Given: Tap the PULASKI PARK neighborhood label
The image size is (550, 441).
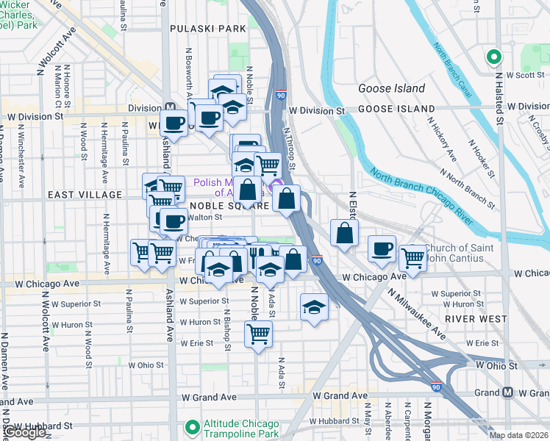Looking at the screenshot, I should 207,29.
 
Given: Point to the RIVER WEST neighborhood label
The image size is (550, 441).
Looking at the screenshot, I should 476,319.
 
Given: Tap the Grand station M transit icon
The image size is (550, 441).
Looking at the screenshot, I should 508,392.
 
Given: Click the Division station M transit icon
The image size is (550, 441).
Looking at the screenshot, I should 170,107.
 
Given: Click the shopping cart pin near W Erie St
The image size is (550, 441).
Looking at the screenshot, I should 258,334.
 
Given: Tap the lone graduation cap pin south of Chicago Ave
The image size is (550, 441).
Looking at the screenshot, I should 314,306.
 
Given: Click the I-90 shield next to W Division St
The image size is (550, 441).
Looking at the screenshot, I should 281,95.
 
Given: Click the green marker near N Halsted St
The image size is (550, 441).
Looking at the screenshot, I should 493,57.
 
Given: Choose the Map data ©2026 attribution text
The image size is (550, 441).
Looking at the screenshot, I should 518,435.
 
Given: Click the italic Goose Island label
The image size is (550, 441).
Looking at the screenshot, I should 391,88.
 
